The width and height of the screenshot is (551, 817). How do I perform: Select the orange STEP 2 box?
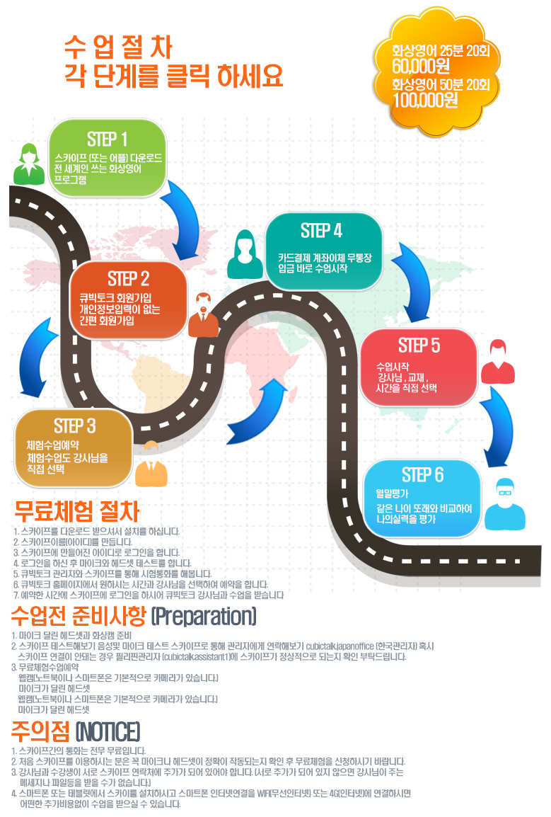click(129, 298)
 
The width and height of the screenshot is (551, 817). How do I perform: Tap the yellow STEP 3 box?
click(74, 446)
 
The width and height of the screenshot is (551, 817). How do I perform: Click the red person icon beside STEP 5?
click(497, 361)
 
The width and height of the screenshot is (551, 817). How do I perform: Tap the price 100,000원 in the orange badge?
click(426, 100)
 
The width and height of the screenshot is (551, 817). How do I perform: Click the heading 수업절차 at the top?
click(117, 47)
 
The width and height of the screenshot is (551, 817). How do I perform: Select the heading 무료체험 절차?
click(76, 511)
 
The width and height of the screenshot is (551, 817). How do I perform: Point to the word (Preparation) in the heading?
click(203, 617)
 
